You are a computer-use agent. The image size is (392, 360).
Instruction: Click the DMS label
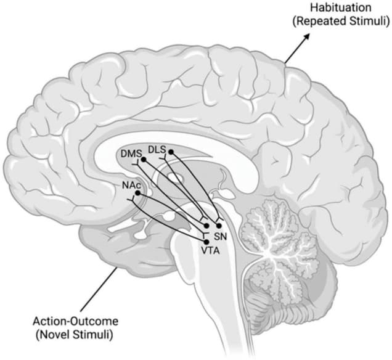click(131, 152)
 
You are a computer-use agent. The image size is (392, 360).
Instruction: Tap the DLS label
click(157, 150)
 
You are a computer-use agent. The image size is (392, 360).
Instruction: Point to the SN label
click(221, 237)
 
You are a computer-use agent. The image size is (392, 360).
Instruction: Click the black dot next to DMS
click(144, 159)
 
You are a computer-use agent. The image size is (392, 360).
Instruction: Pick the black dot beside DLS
click(171, 152)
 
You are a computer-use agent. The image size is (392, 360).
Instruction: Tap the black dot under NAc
click(137, 193)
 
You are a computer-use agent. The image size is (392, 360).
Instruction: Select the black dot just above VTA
click(206, 242)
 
